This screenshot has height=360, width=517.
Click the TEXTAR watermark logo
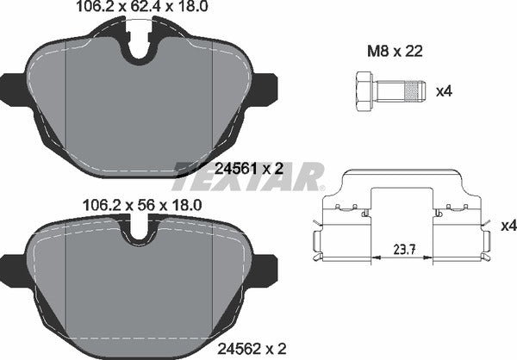click(249, 176)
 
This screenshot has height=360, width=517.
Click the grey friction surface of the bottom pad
click(138, 293)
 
